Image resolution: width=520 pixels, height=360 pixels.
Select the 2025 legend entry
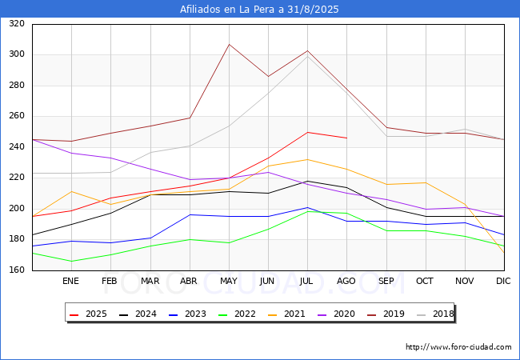point(88,314)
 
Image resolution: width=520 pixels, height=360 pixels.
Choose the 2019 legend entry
point(386,314)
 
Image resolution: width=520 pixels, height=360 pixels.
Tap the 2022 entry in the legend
point(237,314)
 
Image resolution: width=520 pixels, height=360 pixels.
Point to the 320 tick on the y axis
point(17,23)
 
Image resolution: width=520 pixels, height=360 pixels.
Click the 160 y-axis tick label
point(17,270)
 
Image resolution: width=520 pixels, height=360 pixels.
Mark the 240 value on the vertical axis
point(17,146)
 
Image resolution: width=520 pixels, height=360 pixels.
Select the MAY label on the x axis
point(229,281)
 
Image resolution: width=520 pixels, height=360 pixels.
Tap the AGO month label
point(346,281)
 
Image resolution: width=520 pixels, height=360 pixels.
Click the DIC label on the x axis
point(503,281)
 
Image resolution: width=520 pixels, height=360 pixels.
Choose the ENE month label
point(70,281)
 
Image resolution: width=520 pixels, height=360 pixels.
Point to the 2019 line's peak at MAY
point(229,45)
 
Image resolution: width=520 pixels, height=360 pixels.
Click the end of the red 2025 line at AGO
point(347,138)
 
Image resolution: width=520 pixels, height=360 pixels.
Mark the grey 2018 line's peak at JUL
point(307,56)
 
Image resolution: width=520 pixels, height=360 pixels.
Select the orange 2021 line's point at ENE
point(72,192)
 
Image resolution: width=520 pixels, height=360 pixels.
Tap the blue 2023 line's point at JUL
point(307,207)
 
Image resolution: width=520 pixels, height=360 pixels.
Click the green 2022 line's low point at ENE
point(72,262)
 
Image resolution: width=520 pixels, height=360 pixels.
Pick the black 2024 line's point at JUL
point(307,181)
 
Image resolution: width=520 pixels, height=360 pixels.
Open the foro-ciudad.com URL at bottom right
point(458,347)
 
